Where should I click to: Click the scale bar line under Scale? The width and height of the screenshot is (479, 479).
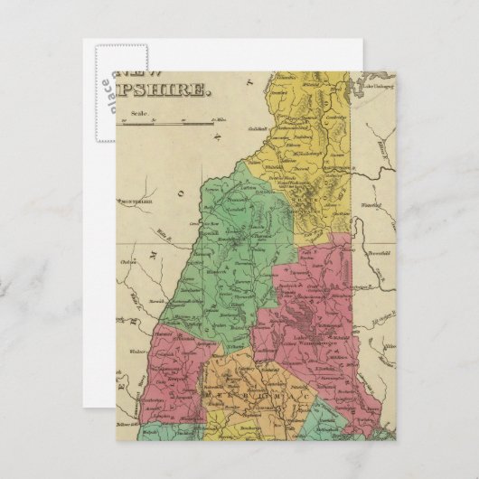(x=181, y=119)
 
